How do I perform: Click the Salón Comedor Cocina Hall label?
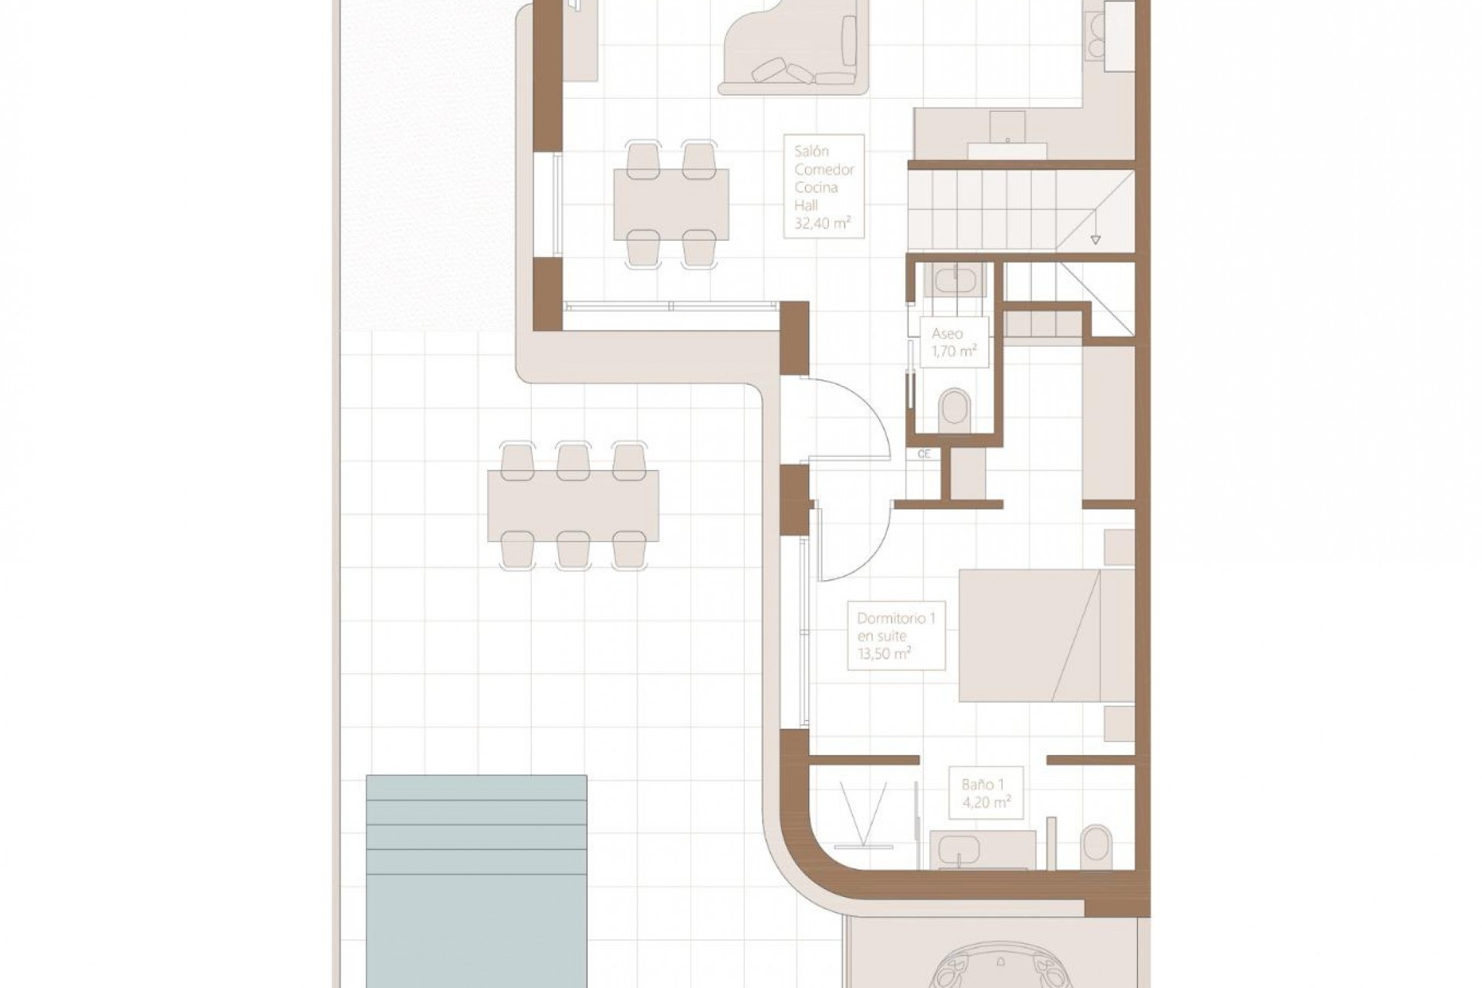823,186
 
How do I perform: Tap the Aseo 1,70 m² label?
954,342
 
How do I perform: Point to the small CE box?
924,454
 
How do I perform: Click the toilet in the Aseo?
955,406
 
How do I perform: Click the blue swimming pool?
476,880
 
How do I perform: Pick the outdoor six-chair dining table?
573,506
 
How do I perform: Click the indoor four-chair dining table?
671,205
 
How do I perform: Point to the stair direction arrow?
1095,238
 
